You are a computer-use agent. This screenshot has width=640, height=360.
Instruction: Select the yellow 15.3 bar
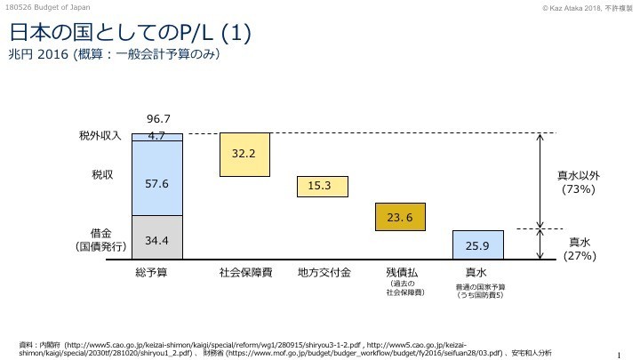pyautogui.click(x=320, y=186)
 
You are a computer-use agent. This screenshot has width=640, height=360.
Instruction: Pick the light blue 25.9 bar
pyautogui.click(x=477, y=244)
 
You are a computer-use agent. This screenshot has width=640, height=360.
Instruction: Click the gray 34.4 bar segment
pyautogui.click(x=156, y=237)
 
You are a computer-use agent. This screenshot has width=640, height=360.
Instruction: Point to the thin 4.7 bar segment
pyautogui.click(x=156, y=137)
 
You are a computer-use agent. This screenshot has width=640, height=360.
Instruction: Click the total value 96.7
pyautogui.click(x=157, y=118)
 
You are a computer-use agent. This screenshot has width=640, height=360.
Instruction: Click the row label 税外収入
pyautogui.click(x=100, y=137)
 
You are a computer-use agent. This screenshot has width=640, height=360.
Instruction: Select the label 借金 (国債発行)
pyautogui.click(x=99, y=240)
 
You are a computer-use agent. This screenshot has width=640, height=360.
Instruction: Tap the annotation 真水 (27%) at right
pyautogui.click(x=580, y=248)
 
